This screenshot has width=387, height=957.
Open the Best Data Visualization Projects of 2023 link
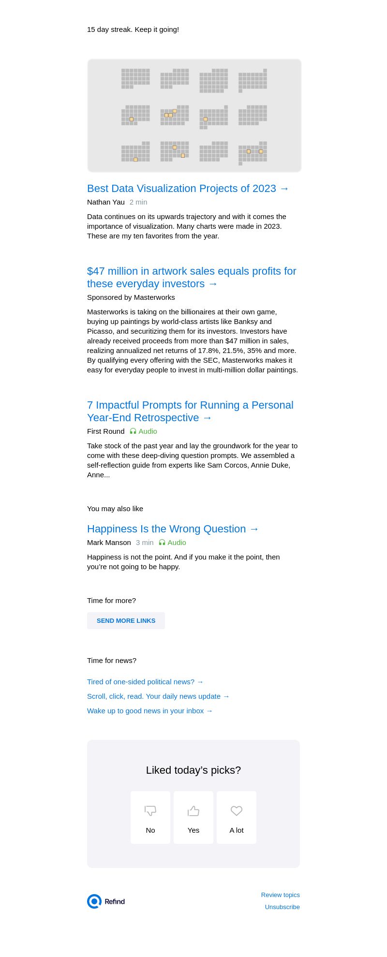[188, 189]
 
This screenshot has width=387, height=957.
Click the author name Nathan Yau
[106, 202]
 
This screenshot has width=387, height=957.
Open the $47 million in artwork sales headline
[192, 277]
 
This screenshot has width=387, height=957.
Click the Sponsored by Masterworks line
[131, 297]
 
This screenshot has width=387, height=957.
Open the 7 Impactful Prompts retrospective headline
[190, 411]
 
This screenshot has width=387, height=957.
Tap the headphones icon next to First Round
[133, 431]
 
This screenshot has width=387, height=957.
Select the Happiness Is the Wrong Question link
[173, 529]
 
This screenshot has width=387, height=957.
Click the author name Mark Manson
[109, 543]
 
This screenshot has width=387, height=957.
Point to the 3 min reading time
[145, 543]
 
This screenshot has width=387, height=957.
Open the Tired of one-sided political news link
[145, 682]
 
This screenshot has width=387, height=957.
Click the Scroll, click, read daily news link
[158, 696]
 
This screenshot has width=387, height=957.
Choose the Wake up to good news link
[150, 711]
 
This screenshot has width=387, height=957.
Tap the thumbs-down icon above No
[150, 810]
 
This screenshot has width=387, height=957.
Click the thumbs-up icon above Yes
[193, 810]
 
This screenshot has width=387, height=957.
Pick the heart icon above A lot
[237, 810]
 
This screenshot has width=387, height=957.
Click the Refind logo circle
[94, 901]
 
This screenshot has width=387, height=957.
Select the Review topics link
[281, 895]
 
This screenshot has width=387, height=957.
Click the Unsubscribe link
[283, 907]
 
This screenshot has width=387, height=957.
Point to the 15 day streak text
[133, 29]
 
